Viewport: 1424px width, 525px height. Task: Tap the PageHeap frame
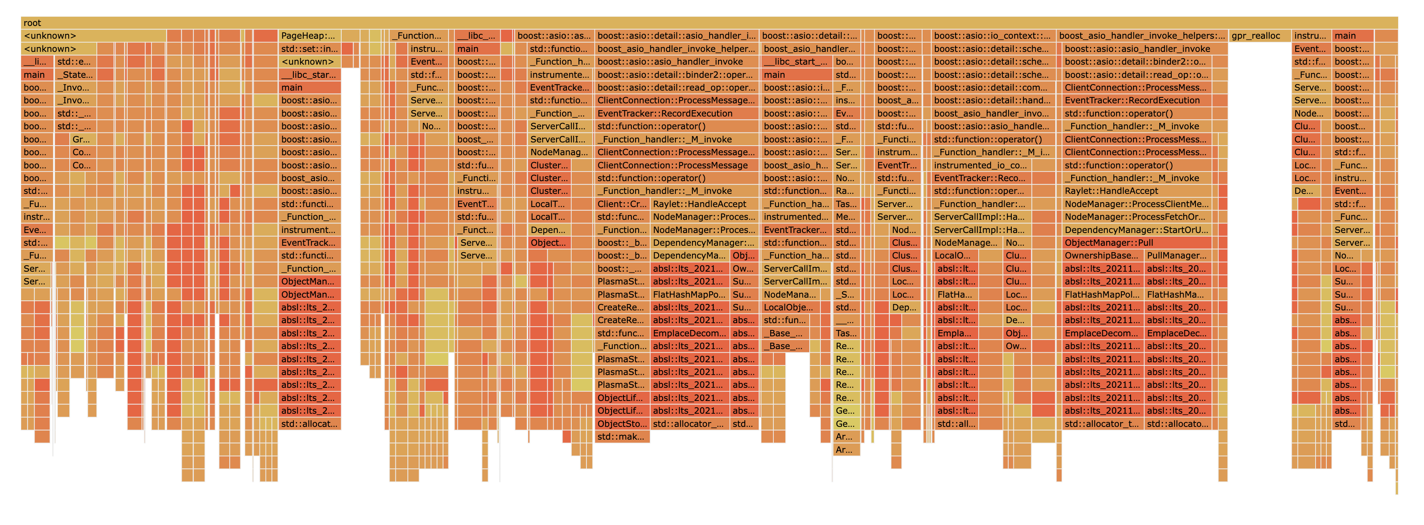[x=309, y=36]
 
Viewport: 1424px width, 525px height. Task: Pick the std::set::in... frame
[x=309, y=49]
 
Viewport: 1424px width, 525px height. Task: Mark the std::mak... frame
[x=622, y=436]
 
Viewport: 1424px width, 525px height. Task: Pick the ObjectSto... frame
[x=622, y=424]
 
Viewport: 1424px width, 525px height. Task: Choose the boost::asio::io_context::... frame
[x=992, y=36]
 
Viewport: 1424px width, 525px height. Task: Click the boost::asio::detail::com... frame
[x=992, y=87]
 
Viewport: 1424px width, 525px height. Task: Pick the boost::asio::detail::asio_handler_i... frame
[x=677, y=36]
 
